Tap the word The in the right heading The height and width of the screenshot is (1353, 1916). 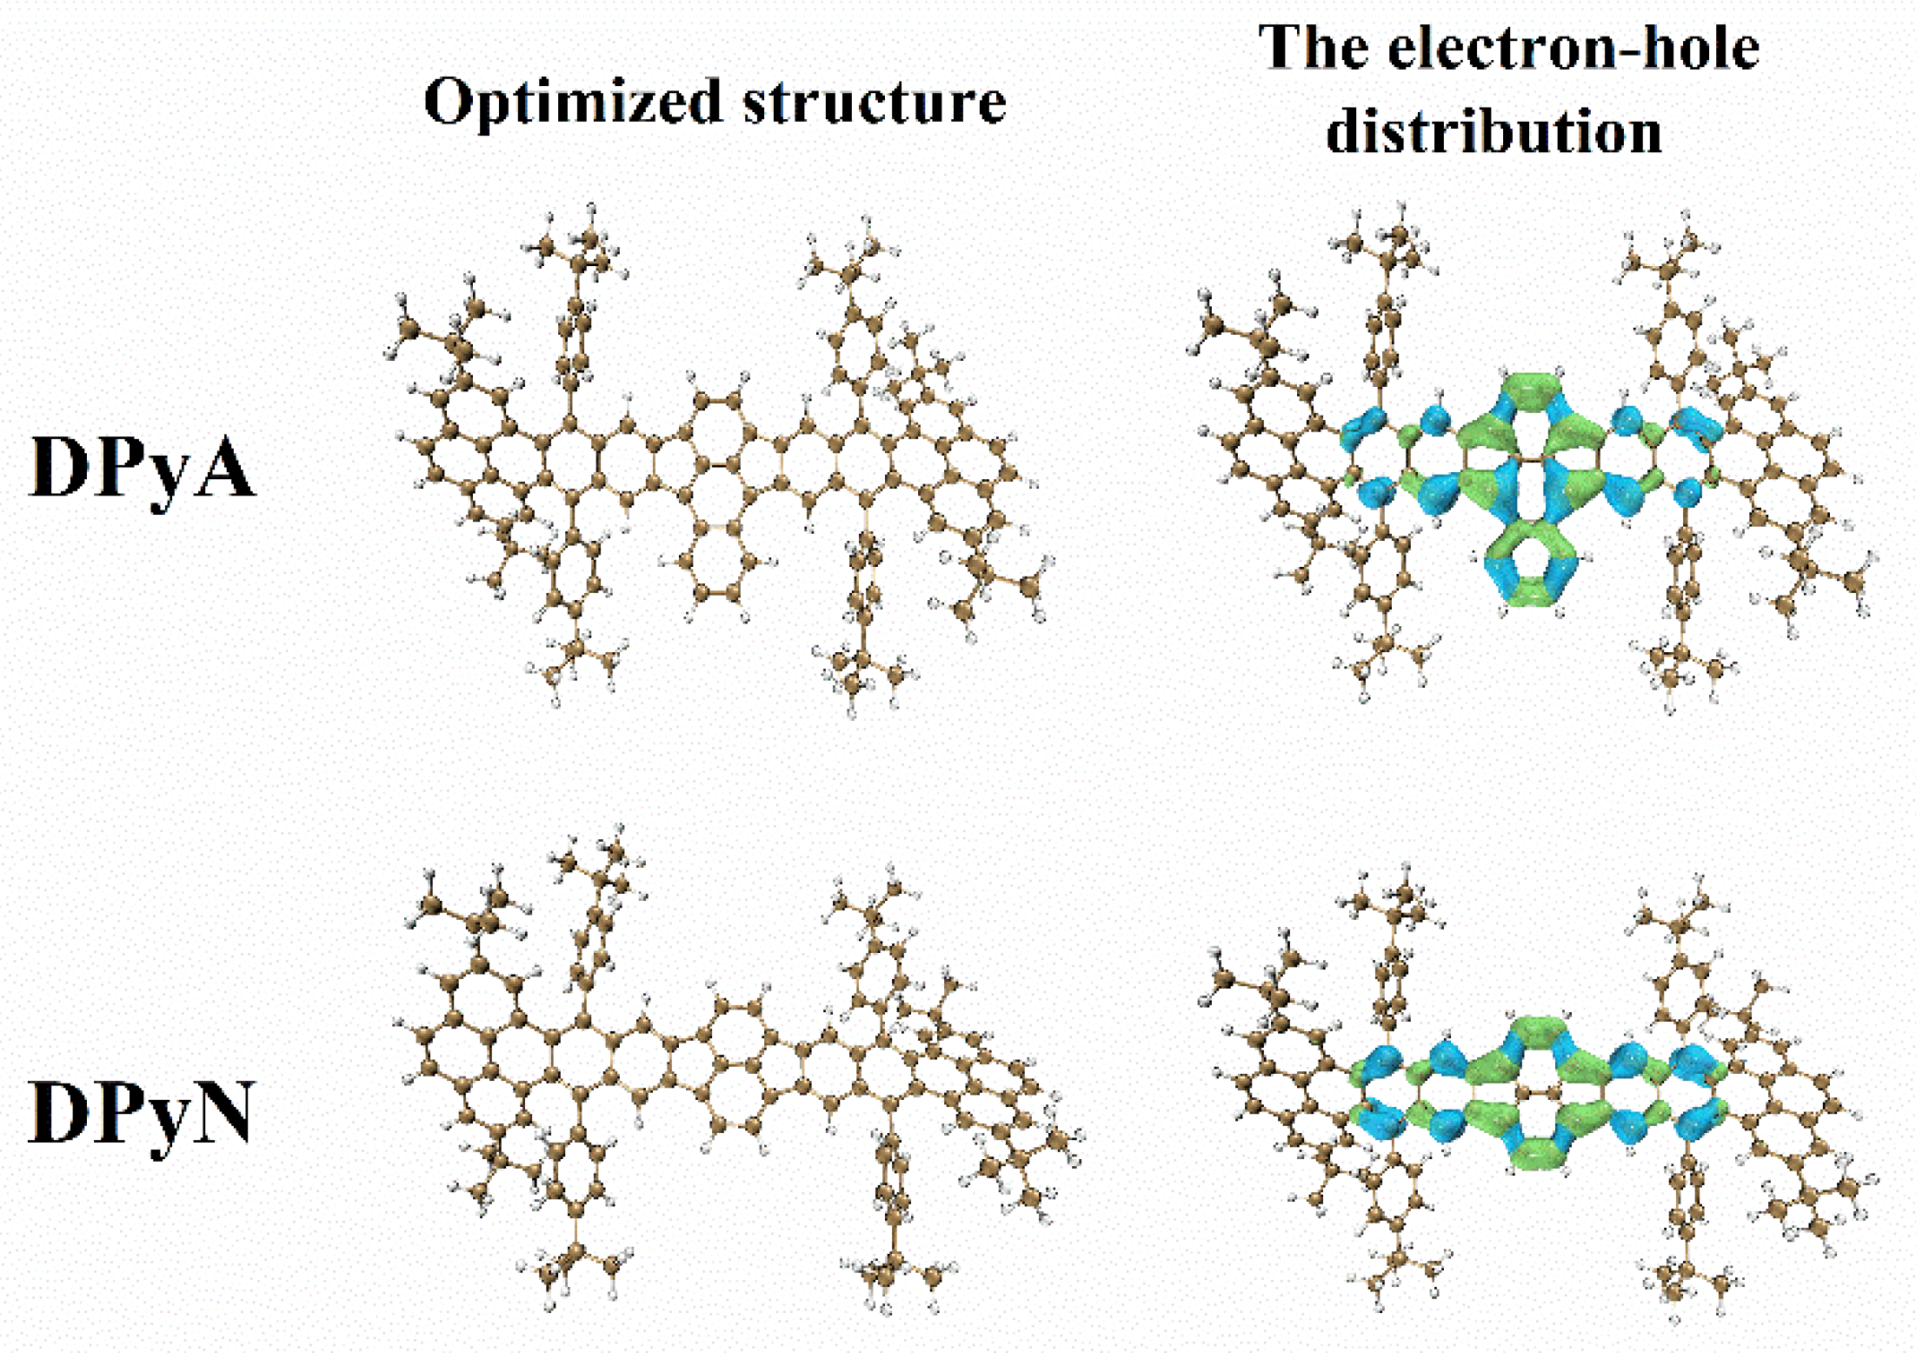tap(1314, 47)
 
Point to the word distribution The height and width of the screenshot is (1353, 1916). tap(1494, 132)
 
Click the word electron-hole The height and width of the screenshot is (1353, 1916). tap(1573, 47)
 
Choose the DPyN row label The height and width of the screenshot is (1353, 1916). tap(141, 1113)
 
